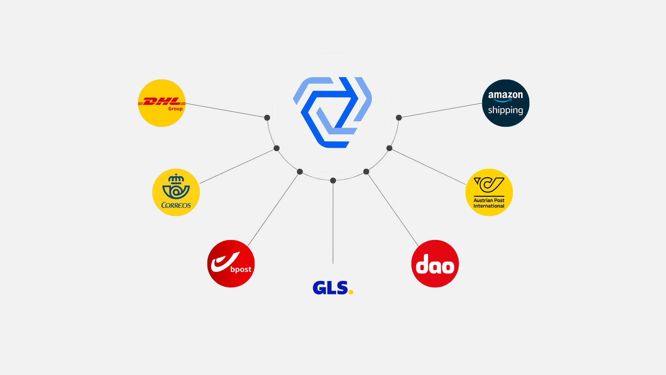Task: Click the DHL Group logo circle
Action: click(162, 103)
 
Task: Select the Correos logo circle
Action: click(176, 192)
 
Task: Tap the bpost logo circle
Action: click(231, 264)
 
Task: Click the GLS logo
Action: click(333, 288)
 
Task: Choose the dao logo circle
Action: click(435, 264)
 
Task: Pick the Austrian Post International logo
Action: click(489, 192)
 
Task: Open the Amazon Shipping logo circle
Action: click(506, 103)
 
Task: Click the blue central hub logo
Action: click(332, 112)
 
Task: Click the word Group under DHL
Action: click(176, 109)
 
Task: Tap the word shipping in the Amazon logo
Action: click(505, 110)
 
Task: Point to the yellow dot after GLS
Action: click(351, 292)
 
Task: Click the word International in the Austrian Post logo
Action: click(489, 206)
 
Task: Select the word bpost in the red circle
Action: click(241, 269)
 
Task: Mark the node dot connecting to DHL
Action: click(267, 118)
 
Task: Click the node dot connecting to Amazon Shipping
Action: click(399, 118)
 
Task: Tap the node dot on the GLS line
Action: click(333, 181)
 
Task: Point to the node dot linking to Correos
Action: click(276, 148)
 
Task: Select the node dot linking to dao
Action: click(366, 172)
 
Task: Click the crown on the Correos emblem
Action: click(176, 178)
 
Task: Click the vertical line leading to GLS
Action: click(333, 222)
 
